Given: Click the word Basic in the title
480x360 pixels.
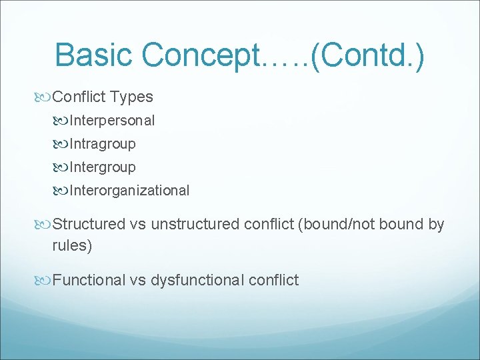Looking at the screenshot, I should pos(96,55).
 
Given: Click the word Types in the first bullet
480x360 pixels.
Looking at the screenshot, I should pos(132,97).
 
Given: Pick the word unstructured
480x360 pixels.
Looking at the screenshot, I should pos(193,224).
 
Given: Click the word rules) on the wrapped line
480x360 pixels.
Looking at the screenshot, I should pos(72,245).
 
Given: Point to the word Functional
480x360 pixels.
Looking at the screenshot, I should pos(89,280).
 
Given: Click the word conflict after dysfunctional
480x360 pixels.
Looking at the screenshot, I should pos(273,280).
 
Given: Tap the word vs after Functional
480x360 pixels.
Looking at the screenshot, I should pos(138,280).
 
